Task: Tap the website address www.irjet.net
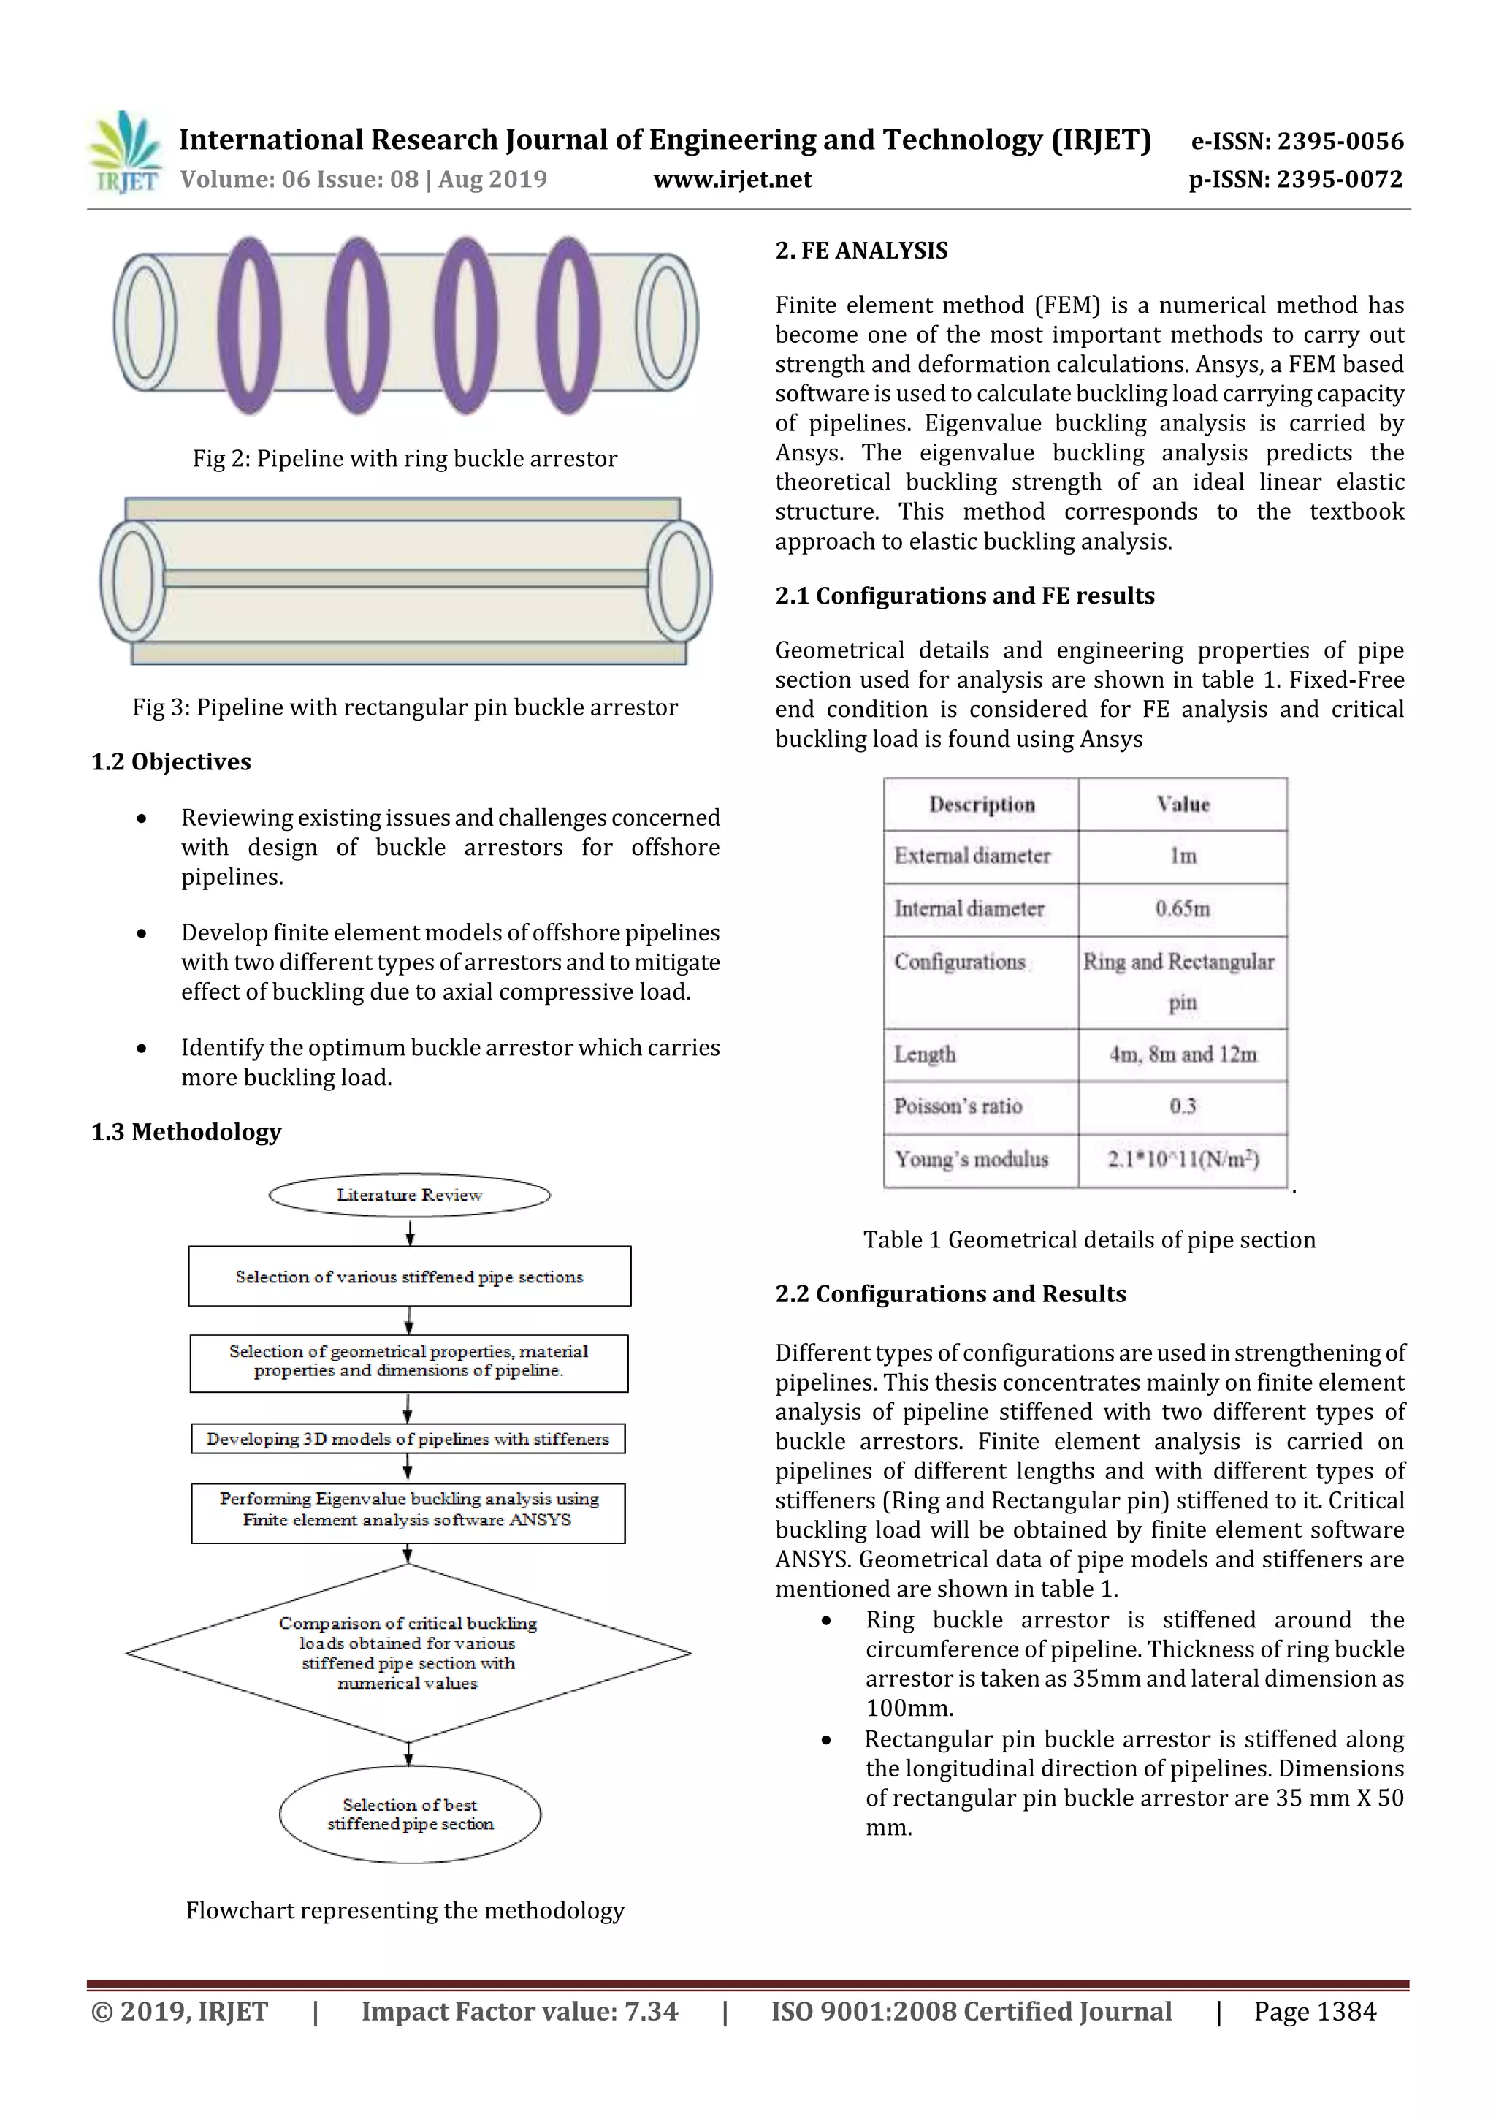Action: [732, 179]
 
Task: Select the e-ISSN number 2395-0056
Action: [1297, 141]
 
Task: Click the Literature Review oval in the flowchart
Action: [409, 1195]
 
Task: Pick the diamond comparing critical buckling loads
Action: [408, 1652]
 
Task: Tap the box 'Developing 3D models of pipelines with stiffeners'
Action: [408, 1438]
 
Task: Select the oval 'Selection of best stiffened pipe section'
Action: [411, 1814]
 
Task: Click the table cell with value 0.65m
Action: [1183, 909]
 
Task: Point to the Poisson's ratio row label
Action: [958, 1106]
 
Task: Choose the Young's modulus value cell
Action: [1183, 1159]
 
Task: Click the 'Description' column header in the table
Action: [982, 804]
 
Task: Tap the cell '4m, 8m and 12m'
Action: [1183, 1054]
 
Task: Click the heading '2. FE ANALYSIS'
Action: [861, 251]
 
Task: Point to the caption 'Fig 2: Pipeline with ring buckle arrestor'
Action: [405, 458]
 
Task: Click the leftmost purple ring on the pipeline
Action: [250, 324]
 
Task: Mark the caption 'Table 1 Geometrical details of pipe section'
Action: [1088, 1239]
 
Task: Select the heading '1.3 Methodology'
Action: [186, 1131]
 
